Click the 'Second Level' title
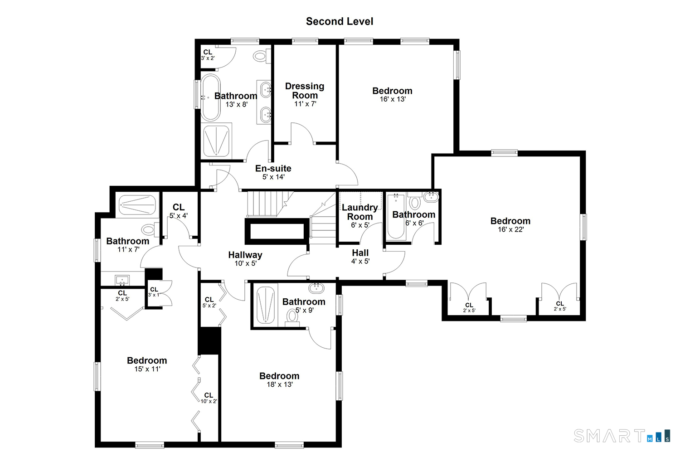tap(340, 22)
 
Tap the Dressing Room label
tap(305, 91)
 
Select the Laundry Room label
tap(360, 212)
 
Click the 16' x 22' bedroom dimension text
tap(510, 229)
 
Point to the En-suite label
tap(273, 169)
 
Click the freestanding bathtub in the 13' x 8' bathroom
tap(210, 97)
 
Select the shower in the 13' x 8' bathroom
tap(216, 141)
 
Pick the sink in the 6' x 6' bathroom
tap(431, 197)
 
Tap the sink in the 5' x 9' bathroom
tap(316, 288)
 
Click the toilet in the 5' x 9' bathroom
tap(292, 318)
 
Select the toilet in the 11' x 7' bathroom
tap(150, 229)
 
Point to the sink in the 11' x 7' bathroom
tap(122, 280)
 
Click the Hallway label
tap(245, 255)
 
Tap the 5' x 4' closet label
tap(179, 211)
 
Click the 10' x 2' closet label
tap(209, 398)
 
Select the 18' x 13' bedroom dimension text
tap(280, 384)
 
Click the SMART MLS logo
tap(622, 436)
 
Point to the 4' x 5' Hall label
tap(360, 257)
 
